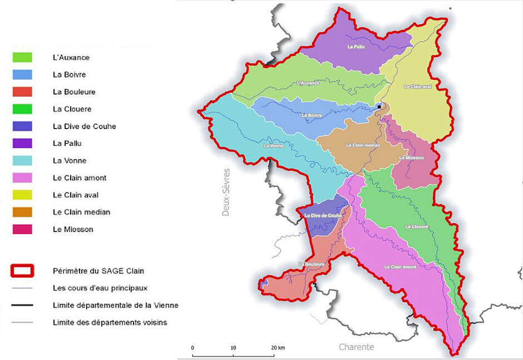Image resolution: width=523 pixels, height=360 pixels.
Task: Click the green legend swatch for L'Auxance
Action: click(22, 57)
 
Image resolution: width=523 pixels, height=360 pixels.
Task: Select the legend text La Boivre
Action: click(70, 75)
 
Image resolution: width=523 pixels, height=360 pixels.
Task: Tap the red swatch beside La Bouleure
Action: click(22, 92)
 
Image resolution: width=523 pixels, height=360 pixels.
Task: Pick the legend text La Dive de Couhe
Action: click(85, 126)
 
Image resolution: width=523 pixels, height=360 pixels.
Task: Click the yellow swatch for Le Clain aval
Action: click(22, 195)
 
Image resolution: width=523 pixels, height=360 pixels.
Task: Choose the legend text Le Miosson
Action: click(73, 229)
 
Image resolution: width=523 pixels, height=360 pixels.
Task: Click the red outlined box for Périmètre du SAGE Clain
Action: click(22, 271)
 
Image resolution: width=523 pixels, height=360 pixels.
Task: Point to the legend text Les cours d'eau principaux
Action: click(100, 288)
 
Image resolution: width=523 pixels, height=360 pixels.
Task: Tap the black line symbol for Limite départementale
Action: click(22, 305)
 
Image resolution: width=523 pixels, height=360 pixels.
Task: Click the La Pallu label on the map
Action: click(356, 47)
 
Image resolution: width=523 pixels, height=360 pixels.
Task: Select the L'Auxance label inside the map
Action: click(308, 83)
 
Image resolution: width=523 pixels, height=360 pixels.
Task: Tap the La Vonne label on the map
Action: click(274, 147)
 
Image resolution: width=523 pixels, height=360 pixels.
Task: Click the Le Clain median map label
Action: click(363, 145)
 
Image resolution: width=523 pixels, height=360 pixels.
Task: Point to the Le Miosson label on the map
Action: click(412, 158)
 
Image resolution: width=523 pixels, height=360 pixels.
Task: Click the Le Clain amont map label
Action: click(400, 267)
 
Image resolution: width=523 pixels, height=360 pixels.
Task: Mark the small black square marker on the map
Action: click(379, 106)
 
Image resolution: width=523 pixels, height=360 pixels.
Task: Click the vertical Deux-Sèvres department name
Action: click(226, 192)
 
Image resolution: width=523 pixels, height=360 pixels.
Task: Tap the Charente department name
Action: click(357, 347)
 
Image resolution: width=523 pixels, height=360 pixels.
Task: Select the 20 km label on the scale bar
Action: click(278, 348)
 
